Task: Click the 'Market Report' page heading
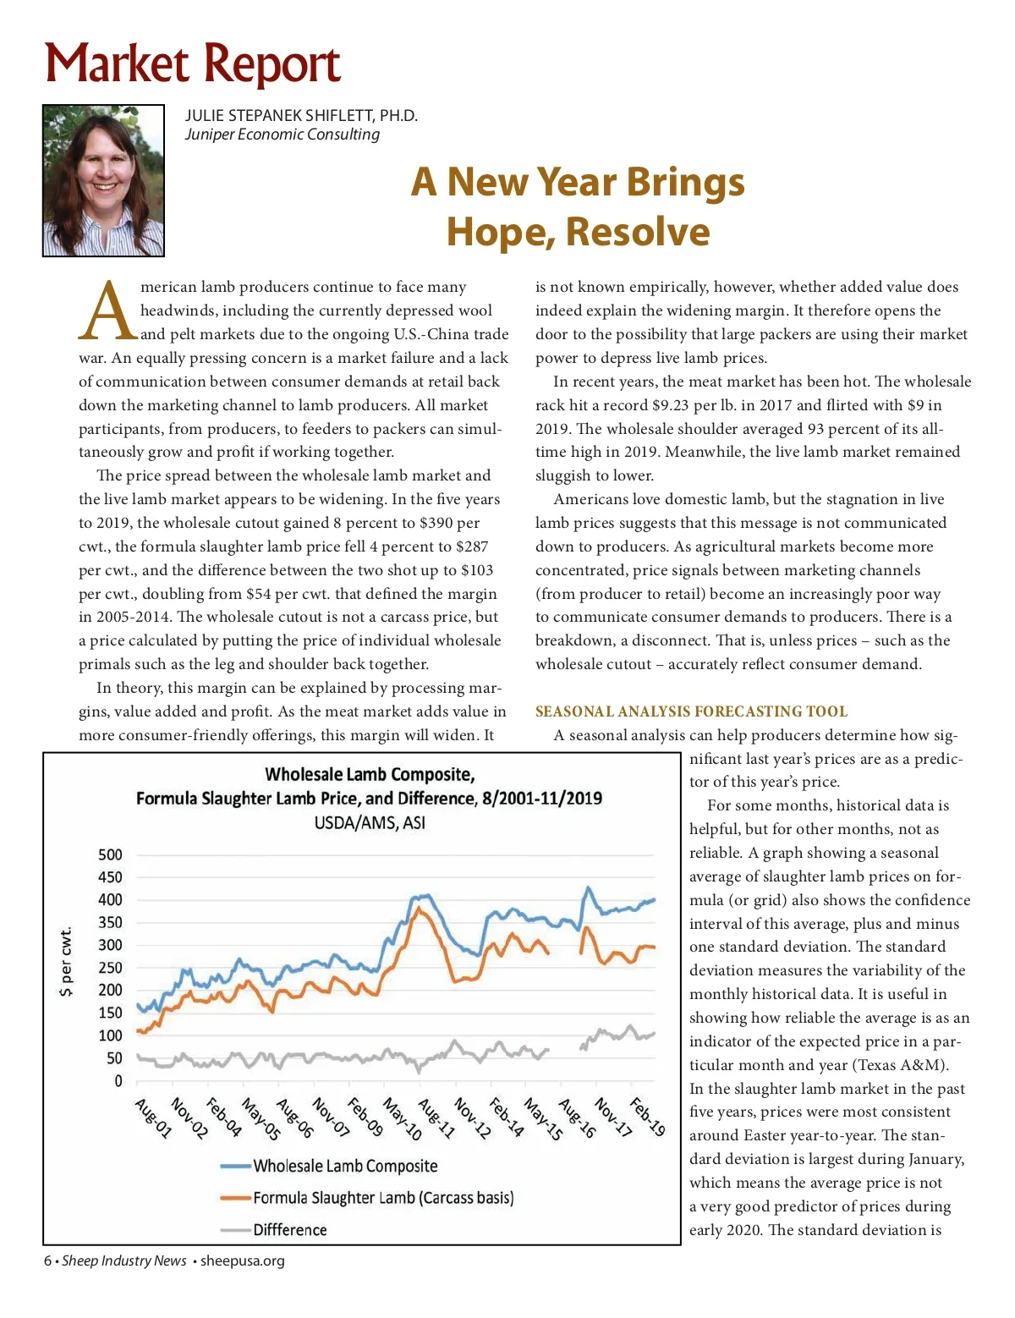click(x=193, y=64)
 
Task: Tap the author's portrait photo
click(x=103, y=180)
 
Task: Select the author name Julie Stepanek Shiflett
click(x=301, y=116)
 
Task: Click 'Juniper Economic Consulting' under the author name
click(x=283, y=135)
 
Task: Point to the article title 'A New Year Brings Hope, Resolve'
click(x=578, y=206)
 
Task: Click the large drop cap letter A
click(x=108, y=311)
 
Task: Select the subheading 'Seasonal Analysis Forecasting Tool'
click(x=691, y=711)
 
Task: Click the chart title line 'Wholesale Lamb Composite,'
click(x=370, y=774)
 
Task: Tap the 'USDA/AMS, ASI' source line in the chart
click(x=370, y=822)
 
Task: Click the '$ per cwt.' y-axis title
click(x=66, y=962)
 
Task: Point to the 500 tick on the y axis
click(x=110, y=854)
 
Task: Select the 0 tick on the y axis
click(x=118, y=1080)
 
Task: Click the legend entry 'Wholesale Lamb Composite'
click(x=345, y=1166)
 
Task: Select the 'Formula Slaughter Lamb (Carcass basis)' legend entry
click(x=383, y=1198)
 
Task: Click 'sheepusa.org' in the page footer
click(x=242, y=1260)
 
